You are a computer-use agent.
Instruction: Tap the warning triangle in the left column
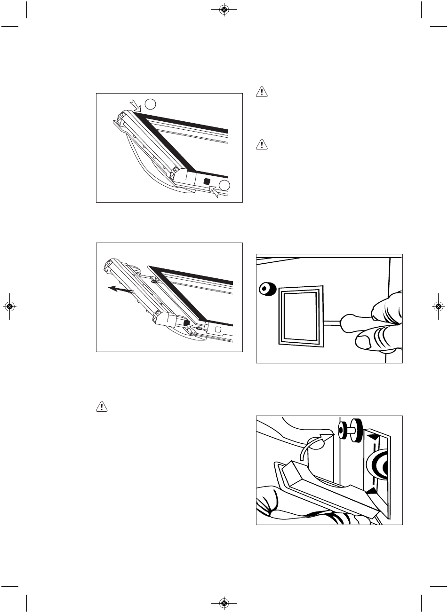tap(102, 407)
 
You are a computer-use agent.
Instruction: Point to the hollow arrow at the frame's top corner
tap(135, 105)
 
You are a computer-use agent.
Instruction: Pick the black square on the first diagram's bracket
tap(207, 181)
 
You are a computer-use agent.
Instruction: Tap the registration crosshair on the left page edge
tap(9, 306)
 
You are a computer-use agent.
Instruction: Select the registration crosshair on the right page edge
tap(438, 306)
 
